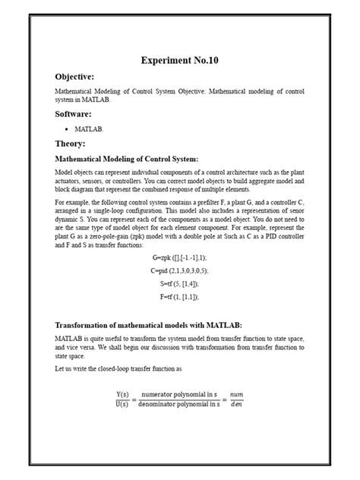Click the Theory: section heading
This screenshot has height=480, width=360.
point(70,144)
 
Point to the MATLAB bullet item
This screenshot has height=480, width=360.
point(88,129)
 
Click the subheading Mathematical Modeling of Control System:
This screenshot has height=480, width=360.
point(126,159)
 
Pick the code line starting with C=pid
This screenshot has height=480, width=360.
point(179,270)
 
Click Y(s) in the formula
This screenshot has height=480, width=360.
point(125,394)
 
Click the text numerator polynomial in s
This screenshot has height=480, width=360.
point(179,394)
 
